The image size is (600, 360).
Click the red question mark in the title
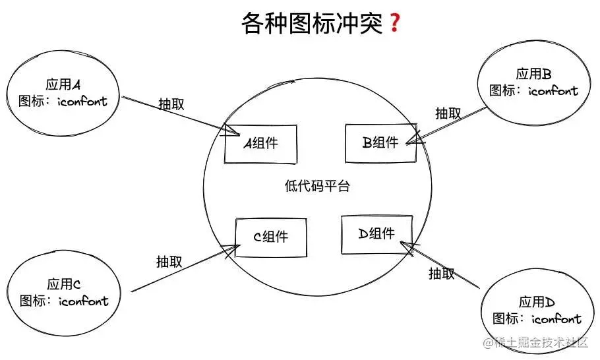tap(395, 24)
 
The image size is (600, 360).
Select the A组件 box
tap(260, 143)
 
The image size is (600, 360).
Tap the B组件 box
tap(380, 142)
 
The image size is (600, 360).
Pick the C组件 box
tap(271, 237)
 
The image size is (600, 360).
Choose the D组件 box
tap(376, 234)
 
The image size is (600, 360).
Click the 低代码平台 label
tap(317, 187)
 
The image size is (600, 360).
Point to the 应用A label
tap(63, 85)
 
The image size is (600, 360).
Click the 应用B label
tap(533, 74)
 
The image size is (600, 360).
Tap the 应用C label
tap(64, 284)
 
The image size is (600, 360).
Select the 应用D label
tap(537, 302)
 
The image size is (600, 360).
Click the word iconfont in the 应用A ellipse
tap(82, 102)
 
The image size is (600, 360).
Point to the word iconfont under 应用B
tap(553, 91)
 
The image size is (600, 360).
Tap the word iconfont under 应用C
tap(83, 301)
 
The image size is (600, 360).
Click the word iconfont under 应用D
tap(556, 319)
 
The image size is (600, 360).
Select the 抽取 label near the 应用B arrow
tap(448, 113)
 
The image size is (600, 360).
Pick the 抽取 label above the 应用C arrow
tap(169, 262)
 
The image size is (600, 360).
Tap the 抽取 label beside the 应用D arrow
tap(441, 274)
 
